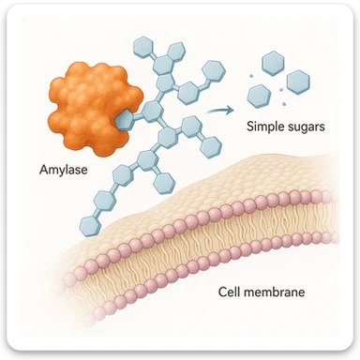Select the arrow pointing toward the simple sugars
(x=219, y=111)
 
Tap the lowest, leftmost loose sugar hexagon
(x=260, y=94)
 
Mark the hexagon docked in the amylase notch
(x=125, y=117)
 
